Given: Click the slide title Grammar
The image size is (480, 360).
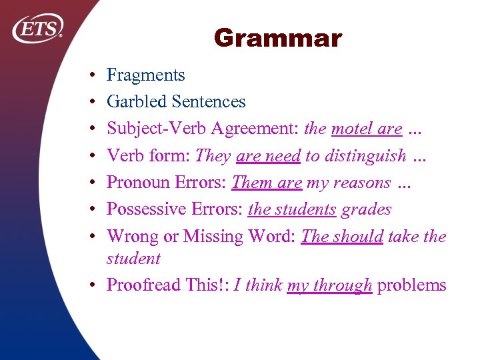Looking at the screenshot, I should pos(277,39).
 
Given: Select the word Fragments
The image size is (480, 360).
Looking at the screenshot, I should pos(146,76).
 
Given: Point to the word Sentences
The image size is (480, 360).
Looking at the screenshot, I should pos(208,102).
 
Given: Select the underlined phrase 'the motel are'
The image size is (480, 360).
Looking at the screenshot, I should pos(354,129).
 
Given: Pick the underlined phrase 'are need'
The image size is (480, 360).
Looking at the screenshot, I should pos(269,156).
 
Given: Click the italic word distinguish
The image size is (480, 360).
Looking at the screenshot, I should pos(365,156).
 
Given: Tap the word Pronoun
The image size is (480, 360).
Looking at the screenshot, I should pos(138,183).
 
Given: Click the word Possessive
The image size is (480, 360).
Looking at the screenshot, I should pos(145,209).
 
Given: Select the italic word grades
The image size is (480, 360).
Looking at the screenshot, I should pos(366,209).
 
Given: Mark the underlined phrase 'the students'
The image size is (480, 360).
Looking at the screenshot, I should pos(292,209).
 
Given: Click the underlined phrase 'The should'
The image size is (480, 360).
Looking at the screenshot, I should pos(342,237).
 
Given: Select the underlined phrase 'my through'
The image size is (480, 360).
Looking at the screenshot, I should pos(329,285).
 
